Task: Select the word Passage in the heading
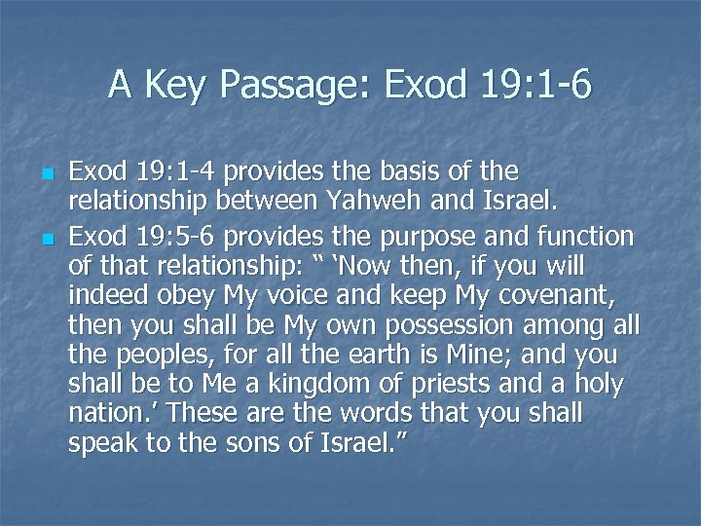coord(289,86)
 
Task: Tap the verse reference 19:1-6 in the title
coord(534,86)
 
